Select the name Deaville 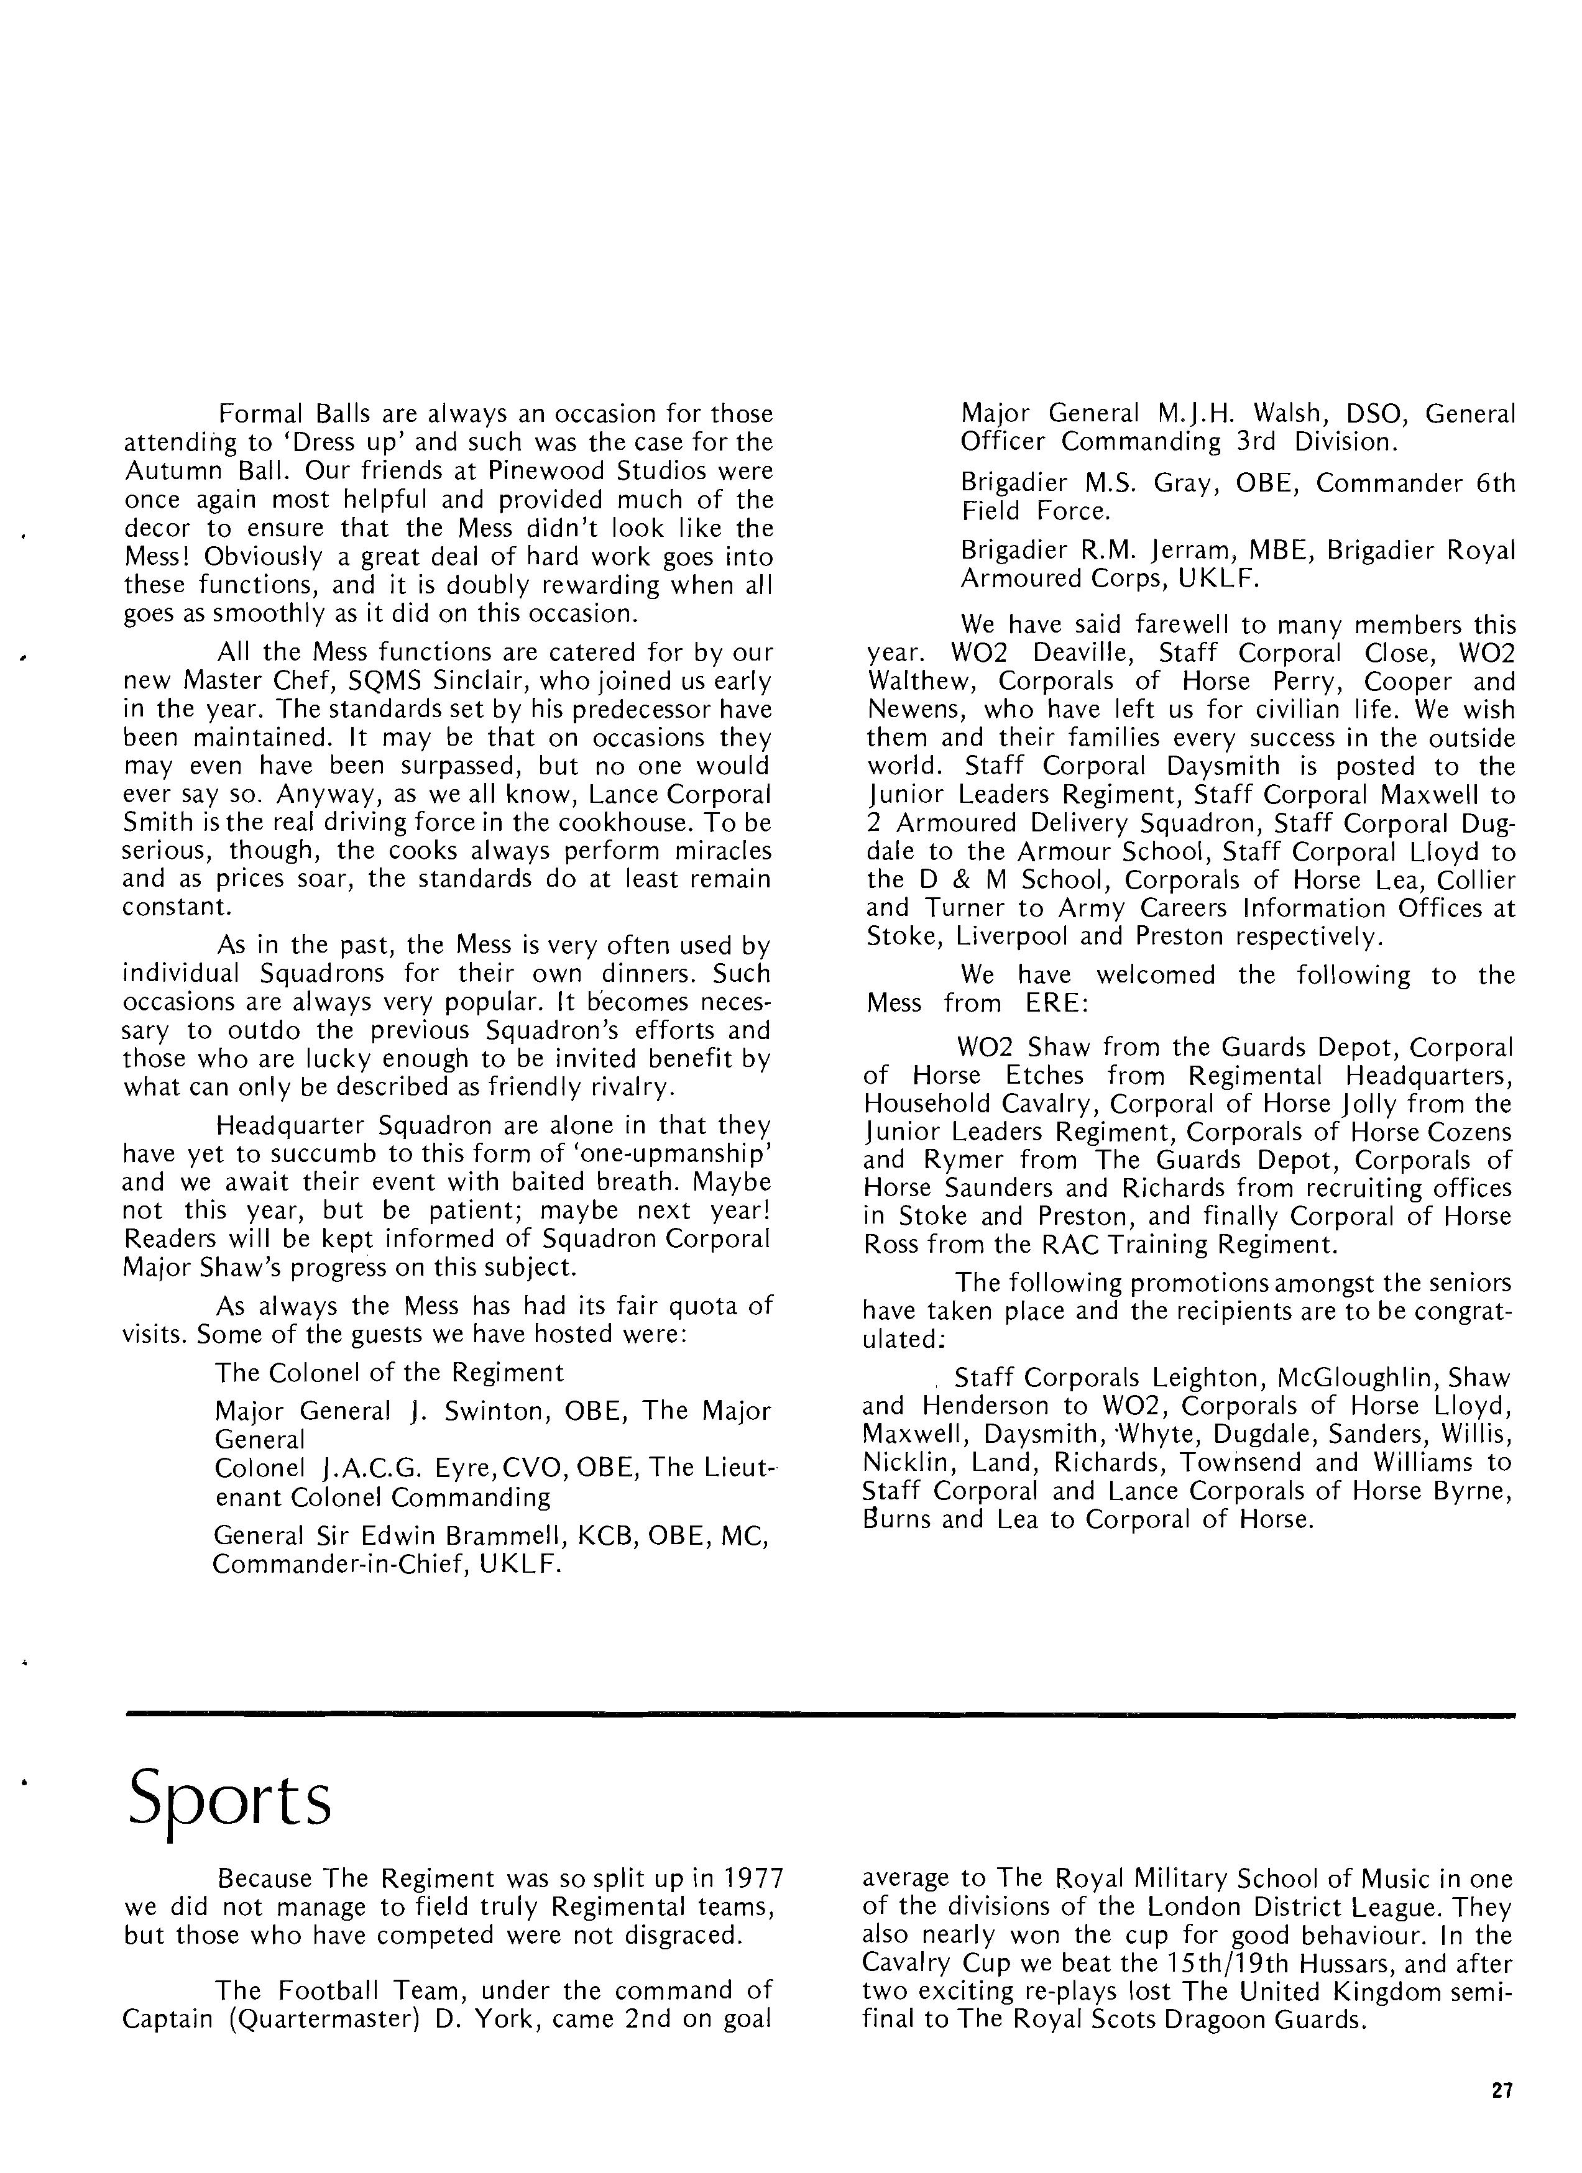click(x=1087, y=654)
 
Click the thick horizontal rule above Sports click(x=819, y=1714)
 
